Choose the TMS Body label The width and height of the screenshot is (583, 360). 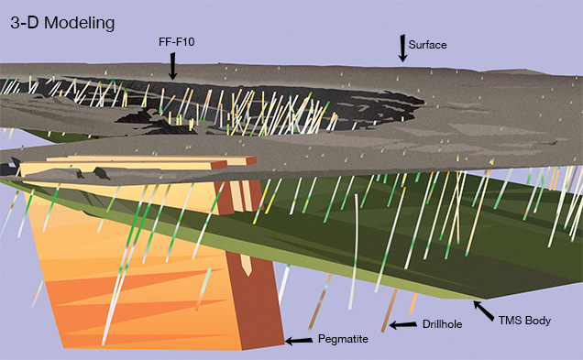[x=527, y=322]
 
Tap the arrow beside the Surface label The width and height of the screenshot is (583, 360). [x=401, y=49]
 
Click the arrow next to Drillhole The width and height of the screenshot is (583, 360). [x=401, y=324]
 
